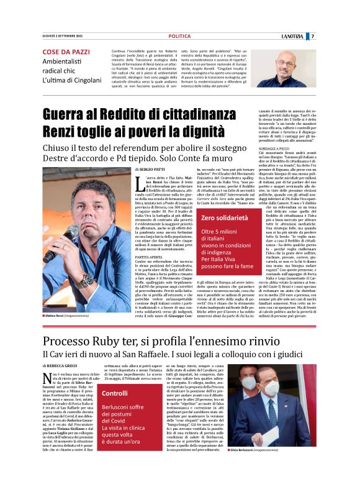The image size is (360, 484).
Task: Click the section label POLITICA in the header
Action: click(x=179, y=36)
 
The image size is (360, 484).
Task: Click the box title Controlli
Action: click(x=114, y=393)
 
